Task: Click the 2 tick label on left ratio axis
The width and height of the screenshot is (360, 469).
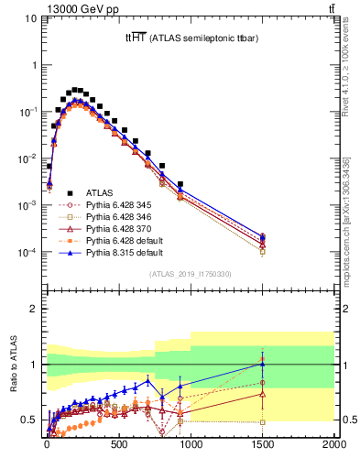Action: click(x=34, y=309)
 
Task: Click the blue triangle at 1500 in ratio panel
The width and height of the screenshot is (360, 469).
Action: click(x=263, y=364)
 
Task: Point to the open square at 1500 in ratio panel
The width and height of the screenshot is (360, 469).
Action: click(x=263, y=422)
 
